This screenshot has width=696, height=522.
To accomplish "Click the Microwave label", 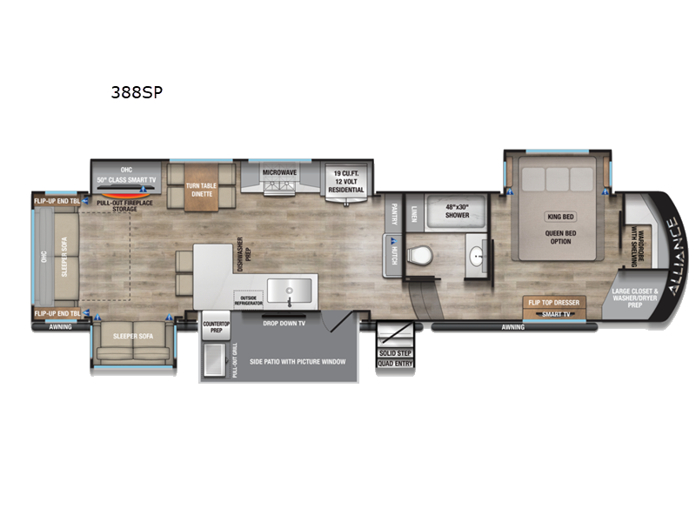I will [279, 172].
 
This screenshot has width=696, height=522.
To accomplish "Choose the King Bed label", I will [560, 216].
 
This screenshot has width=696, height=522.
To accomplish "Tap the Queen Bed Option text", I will [560, 236].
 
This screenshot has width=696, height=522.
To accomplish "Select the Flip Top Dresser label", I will [552, 303].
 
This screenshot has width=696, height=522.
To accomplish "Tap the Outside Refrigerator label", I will [248, 298].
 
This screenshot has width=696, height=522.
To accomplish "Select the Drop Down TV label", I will [282, 321].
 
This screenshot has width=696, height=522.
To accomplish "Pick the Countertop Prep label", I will [215, 326].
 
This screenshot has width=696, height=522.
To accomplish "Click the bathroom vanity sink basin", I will [477, 257].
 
